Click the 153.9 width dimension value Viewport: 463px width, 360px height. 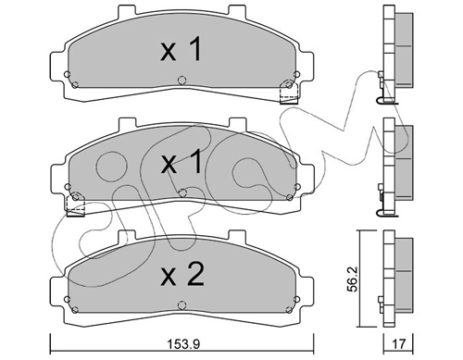click(183, 344)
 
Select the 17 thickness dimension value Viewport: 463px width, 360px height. click(398, 344)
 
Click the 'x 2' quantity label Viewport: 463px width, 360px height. click(182, 274)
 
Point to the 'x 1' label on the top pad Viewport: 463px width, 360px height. click(181, 49)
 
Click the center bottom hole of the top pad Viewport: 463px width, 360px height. click(182, 81)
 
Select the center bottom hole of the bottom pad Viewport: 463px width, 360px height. click(182, 305)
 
